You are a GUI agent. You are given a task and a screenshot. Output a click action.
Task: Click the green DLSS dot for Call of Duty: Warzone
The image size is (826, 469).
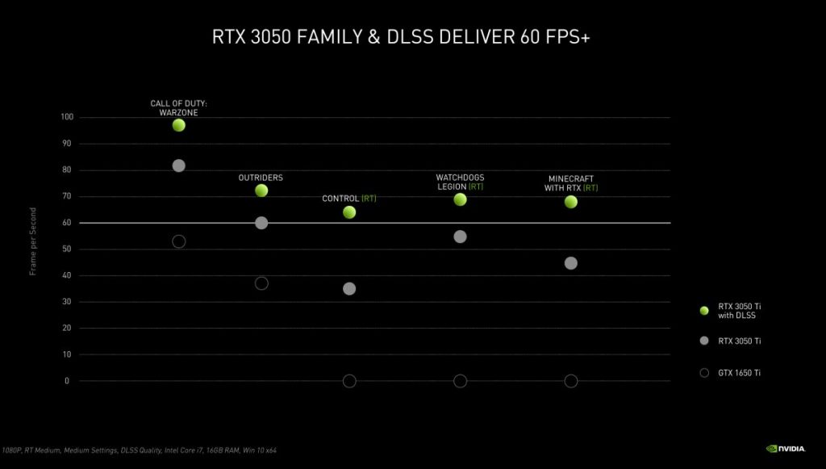tap(179, 125)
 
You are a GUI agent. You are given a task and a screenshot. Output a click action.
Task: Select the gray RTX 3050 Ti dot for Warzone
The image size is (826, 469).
tap(179, 165)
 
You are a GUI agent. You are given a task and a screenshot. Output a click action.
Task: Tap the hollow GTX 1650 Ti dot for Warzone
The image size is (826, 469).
tap(179, 241)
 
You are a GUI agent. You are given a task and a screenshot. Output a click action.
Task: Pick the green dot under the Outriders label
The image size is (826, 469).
tap(261, 191)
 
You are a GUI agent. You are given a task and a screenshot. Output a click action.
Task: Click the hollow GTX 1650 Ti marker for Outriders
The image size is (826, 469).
tap(261, 283)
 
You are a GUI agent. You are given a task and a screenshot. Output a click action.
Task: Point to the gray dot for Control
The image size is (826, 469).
tap(349, 289)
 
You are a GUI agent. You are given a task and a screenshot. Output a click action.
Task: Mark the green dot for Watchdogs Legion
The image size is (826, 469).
tap(460, 199)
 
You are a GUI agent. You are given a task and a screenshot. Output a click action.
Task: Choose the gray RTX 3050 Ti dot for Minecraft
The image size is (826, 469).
tap(571, 263)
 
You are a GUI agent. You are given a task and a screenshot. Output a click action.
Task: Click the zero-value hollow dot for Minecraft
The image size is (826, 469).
tap(571, 381)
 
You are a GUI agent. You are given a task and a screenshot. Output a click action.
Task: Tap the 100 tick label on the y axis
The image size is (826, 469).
tap(66, 117)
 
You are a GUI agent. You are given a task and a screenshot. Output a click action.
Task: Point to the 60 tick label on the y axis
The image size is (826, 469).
tap(66, 223)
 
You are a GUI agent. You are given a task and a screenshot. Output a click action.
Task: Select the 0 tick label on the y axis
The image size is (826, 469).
tap(67, 381)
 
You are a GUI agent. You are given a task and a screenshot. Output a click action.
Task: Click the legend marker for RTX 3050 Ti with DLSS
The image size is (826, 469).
tap(704, 310)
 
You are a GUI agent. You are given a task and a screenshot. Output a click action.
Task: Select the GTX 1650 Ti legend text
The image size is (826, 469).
tap(740, 373)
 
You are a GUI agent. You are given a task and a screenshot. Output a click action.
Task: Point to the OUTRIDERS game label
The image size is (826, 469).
tap(261, 178)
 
